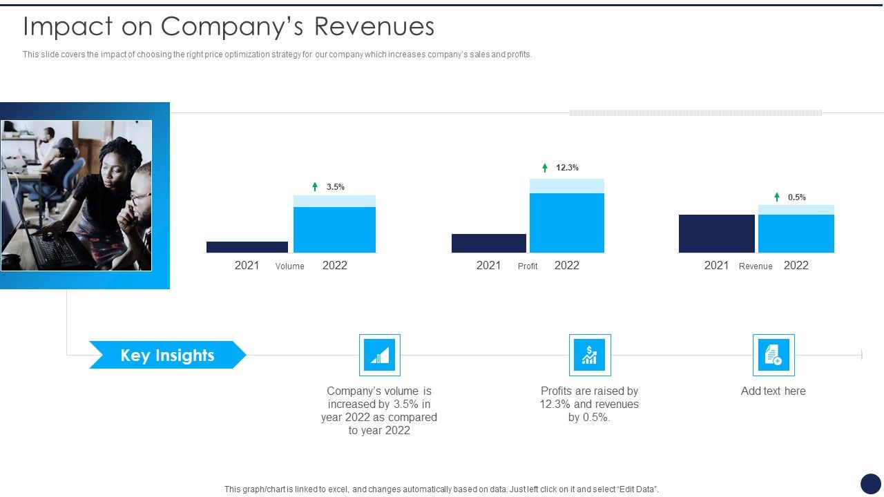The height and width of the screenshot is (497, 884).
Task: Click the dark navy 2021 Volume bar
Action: (247, 246)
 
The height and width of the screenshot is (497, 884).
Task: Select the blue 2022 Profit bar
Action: (567, 222)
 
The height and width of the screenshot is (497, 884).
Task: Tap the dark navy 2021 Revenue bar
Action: (716, 233)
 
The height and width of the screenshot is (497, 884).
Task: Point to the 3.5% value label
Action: (336, 187)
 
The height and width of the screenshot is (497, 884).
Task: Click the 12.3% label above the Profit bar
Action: (567, 168)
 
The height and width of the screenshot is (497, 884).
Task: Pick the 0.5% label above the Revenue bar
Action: (797, 197)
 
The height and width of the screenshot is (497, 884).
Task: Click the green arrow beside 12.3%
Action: (545, 168)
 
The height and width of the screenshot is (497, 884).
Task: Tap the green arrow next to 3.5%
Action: (315, 186)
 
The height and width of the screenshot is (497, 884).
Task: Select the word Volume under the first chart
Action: (289, 266)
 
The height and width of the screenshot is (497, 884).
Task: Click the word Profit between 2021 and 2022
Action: (528, 266)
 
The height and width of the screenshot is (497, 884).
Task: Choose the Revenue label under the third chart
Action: (756, 266)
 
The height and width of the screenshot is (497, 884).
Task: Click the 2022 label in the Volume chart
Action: (335, 265)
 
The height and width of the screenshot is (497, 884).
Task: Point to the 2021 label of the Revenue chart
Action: (716, 265)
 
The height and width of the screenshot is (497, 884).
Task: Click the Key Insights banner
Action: (167, 355)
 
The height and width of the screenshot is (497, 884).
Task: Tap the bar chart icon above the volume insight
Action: (379, 355)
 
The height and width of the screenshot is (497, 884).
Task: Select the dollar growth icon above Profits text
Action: (590, 355)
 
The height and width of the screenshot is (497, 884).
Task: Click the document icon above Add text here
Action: (773, 355)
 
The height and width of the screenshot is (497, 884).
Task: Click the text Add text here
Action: (773, 391)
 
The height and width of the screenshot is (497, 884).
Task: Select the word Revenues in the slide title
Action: (374, 26)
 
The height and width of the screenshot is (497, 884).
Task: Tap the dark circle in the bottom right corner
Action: (871, 483)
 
